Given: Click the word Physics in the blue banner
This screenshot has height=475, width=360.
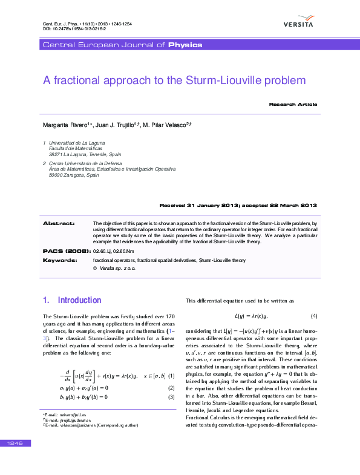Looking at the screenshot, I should click(x=185, y=45).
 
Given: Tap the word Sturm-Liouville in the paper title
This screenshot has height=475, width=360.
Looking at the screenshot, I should click(x=233, y=80).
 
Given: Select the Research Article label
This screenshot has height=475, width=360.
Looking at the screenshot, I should click(x=293, y=105).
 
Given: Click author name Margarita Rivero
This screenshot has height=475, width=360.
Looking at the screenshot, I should click(x=65, y=125).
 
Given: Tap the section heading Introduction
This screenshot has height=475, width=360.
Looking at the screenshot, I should click(x=79, y=300).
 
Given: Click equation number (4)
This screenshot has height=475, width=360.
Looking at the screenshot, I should click(x=314, y=316).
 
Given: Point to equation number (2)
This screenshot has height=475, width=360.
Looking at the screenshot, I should click(x=171, y=387).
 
